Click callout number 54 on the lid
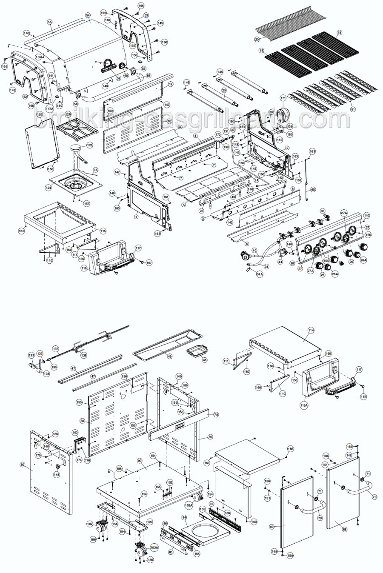88,15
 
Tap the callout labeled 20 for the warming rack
257,39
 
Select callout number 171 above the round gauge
283,98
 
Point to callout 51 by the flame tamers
352,109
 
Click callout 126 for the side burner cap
90,145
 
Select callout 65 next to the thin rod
314,189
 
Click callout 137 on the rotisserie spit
55,348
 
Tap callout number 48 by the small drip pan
205,359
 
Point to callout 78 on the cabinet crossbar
216,414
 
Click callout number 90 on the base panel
139,461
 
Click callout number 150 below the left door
290,556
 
